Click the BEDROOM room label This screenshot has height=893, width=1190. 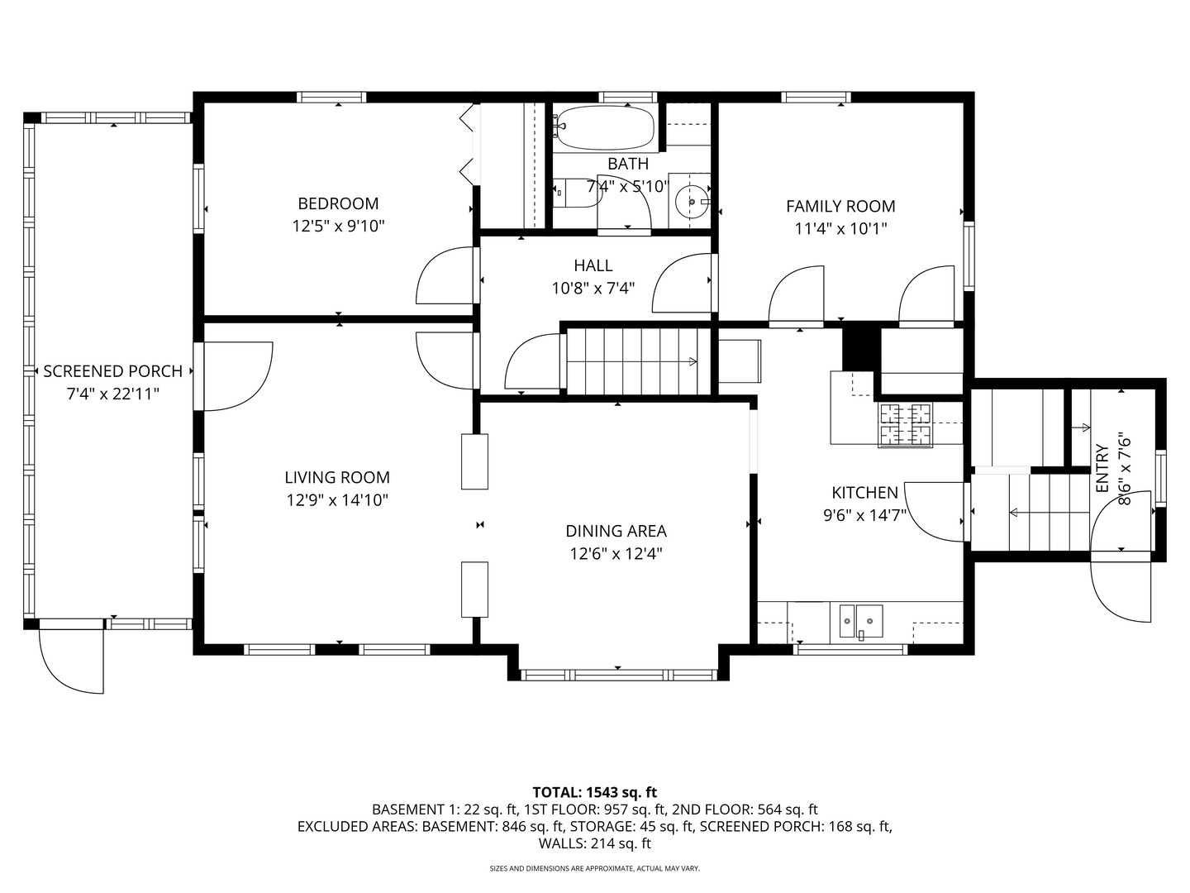click(338, 203)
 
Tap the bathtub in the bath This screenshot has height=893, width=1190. click(604, 128)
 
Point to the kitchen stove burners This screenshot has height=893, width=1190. click(905, 424)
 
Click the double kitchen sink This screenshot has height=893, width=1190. click(860, 621)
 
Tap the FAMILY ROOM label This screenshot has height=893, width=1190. click(840, 207)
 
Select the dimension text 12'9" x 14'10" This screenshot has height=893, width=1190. click(337, 500)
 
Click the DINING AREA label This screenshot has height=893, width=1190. click(616, 532)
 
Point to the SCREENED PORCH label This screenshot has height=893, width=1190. click(112, 372)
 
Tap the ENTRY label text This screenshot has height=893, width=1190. click(1102, 469)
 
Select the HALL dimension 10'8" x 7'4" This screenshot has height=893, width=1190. click(593, 289)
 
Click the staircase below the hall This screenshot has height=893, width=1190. click(632, 361)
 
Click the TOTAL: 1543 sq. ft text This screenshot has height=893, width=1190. click(594, 793)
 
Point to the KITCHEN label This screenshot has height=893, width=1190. click(864, 493)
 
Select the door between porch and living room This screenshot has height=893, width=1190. click(236, 376)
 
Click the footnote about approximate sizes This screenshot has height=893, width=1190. click(594, 869)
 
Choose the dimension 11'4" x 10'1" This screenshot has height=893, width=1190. click(840, 229)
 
